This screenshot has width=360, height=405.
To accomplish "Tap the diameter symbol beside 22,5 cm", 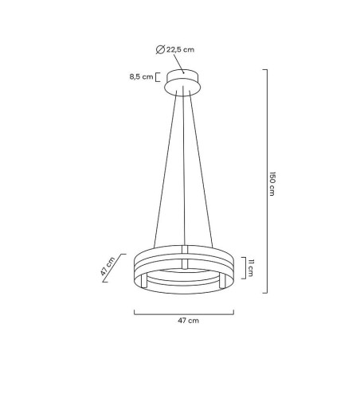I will point(161,49).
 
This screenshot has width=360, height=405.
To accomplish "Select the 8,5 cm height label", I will point(142,77).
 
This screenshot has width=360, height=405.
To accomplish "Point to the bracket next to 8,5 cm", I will point(158,77).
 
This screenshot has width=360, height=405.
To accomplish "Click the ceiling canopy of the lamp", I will point(185,83).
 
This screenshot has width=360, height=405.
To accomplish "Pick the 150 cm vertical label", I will point(272,182).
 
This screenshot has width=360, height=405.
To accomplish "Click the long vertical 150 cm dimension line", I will point(265,181).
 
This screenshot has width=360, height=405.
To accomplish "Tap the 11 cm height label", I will point(251,267).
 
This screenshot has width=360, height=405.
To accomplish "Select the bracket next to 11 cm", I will point(242,267).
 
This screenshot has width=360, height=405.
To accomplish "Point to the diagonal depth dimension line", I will point(119,271).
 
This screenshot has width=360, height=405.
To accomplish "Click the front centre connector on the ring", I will point(184,262).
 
